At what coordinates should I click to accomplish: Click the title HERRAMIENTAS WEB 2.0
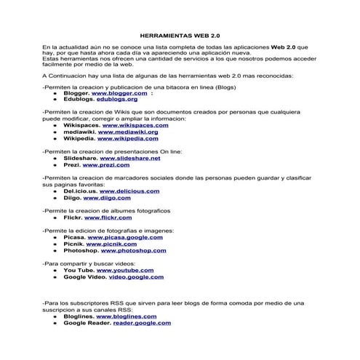[x=180, y=34]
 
